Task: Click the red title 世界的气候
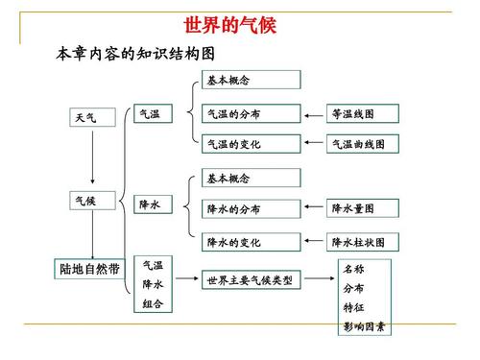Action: click(x=229, y=24)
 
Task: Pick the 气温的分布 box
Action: click(x=250, y=114)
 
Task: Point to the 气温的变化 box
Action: click(x=250, y=144)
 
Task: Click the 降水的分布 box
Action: click(x=250, y=207)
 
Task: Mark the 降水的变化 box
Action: click(x=250, y=242)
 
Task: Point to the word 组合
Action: click(x=153, y=304)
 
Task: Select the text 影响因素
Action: click(x=364, y=328)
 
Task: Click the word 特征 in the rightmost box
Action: click(x=353, y=307)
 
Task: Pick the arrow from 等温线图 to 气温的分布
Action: click(x=313, y=115)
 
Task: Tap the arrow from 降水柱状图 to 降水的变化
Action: click(x=313, y=242)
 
